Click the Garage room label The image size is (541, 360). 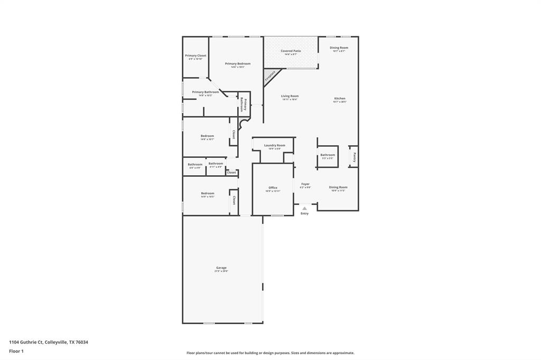(x=221, y=268)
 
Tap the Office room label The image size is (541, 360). (x=273, y=187)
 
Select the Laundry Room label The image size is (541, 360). (x=275, y=145)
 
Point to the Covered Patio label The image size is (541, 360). (x=291, y=51)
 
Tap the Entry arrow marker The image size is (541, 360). (x=304, y=209)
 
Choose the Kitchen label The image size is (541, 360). (x=340, y=98)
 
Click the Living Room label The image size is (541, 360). (x=290, y=96)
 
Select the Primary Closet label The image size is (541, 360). (x=195, y=55)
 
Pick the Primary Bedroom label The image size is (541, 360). (x=238, y=64)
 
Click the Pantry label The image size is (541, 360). (x=355, y=157)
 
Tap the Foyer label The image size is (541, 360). (x=305, y=184)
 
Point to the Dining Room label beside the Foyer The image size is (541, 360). (x=338, y=187)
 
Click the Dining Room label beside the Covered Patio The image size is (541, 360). (x=339, y=48)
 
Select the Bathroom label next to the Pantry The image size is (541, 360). (x=328, y=155)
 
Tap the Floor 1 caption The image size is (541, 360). (x=16, y=351)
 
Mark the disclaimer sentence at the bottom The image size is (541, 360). (x=270, y=353)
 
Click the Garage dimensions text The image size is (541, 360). (x=221, y=271)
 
